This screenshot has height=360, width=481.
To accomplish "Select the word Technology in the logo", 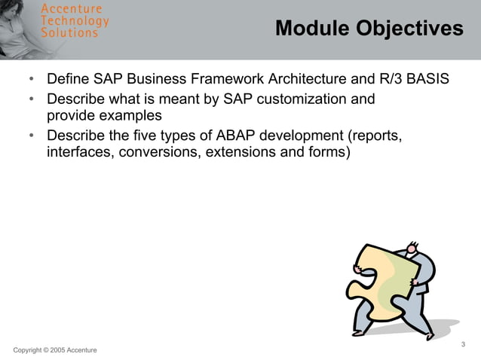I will tap(75, 20).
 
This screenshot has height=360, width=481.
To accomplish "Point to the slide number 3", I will tap(463, 344).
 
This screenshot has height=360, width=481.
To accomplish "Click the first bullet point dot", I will tap(31, 79).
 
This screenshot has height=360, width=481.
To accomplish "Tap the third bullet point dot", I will tap(31, 136).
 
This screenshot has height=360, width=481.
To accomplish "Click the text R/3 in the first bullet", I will tap(387, 78).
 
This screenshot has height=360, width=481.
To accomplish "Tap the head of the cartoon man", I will tap(412, 248).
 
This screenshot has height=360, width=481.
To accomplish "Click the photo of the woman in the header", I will tap(19, 29).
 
